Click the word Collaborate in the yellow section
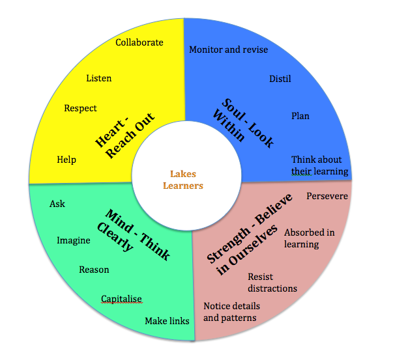(139, 42)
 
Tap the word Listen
(98, 78)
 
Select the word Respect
(80, 108)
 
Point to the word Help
(66, 159)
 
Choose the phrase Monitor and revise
(228, 49)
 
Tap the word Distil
(280, 79)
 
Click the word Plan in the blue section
(300, 116)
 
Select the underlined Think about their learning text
(319, 165)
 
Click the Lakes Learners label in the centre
(186, 180)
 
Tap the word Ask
(57, 204)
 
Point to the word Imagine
(73, 240)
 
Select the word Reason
(94, 270)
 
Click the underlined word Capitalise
(121, 299)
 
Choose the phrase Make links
(167, 321)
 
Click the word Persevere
(327, 195)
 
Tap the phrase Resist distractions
(272, 282)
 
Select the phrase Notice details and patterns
(231, 312)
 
